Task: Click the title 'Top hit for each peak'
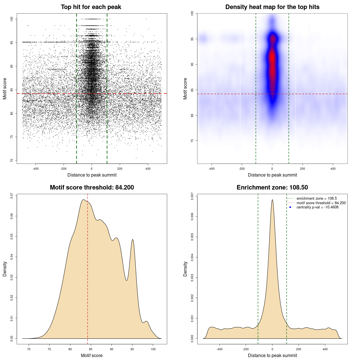pyautogui.click(x=91, y=7)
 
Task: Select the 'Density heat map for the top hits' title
pyautogui.click(x=272, y=7)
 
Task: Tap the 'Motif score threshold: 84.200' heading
pyautogui.click(x=92, y=188)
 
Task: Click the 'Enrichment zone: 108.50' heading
pyautogui.click(x=272, y=188)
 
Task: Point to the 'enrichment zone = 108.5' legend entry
pyautogui.click(x=316, y=199)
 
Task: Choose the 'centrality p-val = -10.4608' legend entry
pyautogui.click(x=317, y=207)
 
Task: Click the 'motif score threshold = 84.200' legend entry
pyautogui.click(x=321, y=203)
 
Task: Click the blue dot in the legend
pyautogui.click(x=290, y=207)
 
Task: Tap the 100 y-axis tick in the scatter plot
pyautogui.click(x=12, y=19)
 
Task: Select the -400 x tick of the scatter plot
pyautogui.click(x=36, y=169)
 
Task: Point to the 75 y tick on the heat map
pyautogui.click(x=192, y=141)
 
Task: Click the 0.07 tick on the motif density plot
pyautogui.click(x=12, y=196)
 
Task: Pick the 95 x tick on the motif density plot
pyautogui.click(x=132, y=349)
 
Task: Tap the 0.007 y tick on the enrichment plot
pyautogui.click(x=192, y=196)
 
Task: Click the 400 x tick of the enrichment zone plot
pyautogui.click(x=325, y=349)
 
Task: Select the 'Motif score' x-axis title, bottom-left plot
pyautogui.click(x=92, y=355)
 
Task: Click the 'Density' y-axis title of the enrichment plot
pyautogui.click(x=185, y=269)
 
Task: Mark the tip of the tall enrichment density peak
pyautogui.click(x=272, y=200)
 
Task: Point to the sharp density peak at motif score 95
pyautogui.click(x=133, y=239)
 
